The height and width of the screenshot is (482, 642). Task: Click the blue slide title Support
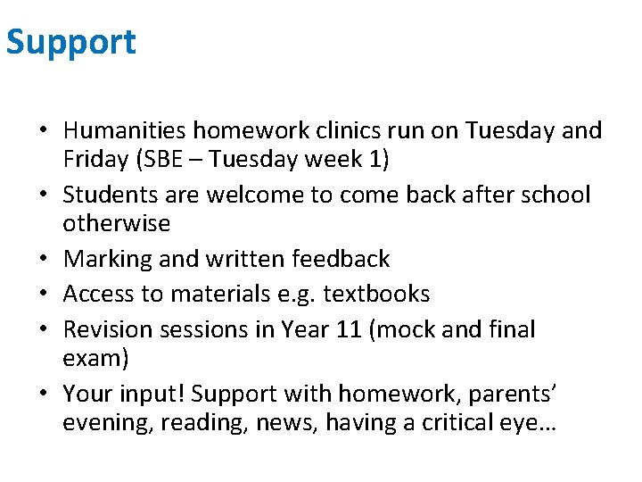pyautogui.click(x=71, y=42)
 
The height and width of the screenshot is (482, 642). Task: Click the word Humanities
pyautogui.click(x=124, y=130)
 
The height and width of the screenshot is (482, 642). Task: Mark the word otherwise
pyautogui.click(x=116, y=223)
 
